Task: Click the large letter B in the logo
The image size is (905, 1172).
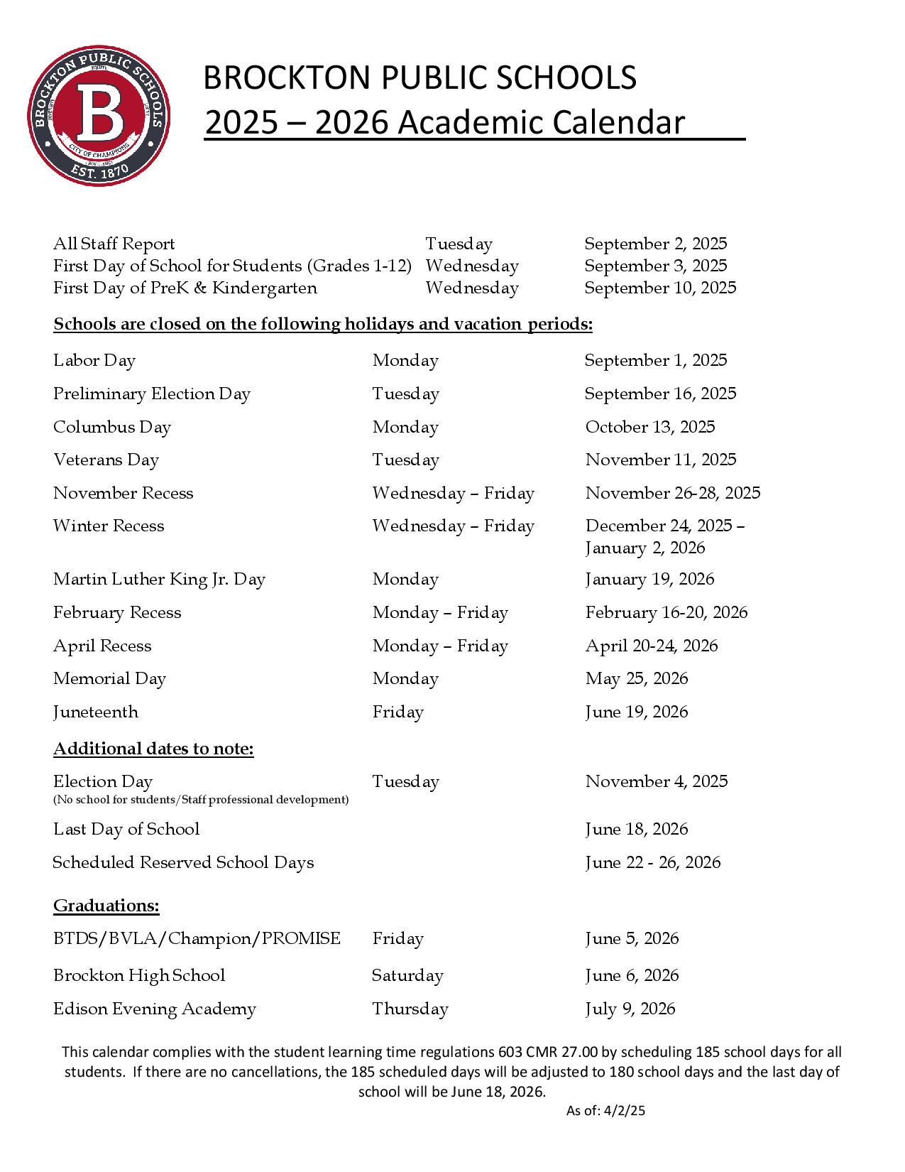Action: click(x=99, y=112)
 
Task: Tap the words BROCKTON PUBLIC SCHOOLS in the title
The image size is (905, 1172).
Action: click(x=419, y=77)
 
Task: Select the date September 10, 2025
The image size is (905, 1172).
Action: click(x=660, y=288)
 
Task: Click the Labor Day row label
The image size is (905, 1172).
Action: click(x=94, y=360)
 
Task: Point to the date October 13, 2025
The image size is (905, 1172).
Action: click(x=649, y=427)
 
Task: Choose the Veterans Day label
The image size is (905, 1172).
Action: click(x=106, y=460)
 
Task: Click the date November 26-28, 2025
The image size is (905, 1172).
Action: click(x=672, y=493)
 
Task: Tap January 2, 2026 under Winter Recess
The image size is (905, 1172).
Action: click(x=645, y=548)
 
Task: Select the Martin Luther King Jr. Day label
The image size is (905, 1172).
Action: click(x=159, y=579)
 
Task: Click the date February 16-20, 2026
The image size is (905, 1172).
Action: click(x=666, y=612)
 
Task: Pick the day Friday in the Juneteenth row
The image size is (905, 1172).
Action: click(x=397, y=712)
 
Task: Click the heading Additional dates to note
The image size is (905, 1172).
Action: click(x=153, y=749)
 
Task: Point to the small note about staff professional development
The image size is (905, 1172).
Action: click(x=201, y=800)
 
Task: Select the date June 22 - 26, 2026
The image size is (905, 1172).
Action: click(x=652, y=862)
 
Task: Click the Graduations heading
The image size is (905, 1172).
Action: click(x=106, y=906)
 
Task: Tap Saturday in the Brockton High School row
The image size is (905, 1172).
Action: click(x=407, y=975)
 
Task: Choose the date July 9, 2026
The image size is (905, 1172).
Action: click(x=630, y=1009)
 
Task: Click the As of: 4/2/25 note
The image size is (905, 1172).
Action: click(x=605, y=1111)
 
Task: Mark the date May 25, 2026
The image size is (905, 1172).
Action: click(x=636, y=678)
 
